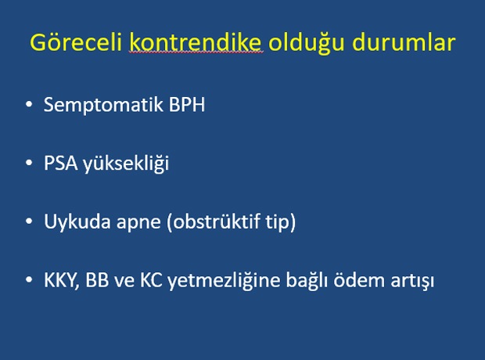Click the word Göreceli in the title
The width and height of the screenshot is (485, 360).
point(76,43)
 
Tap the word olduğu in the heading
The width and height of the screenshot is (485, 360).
point(306,43)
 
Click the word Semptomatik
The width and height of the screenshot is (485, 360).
point(103,105)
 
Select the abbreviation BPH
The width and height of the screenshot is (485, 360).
point(187,105)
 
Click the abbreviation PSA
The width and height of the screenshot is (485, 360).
point(61,163)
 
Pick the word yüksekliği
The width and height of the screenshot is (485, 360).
point(126,164)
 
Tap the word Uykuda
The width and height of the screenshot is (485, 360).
point(77,222)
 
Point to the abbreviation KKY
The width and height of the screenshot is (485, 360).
point(62,280)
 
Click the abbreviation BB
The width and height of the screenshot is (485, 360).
point(97,280)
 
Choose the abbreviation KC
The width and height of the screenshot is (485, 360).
point(151,280)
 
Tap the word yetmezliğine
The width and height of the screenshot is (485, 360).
point(224,281)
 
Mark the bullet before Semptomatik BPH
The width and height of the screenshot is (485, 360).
point(29,104)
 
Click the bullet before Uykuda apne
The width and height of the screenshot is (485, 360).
point(29,221)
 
